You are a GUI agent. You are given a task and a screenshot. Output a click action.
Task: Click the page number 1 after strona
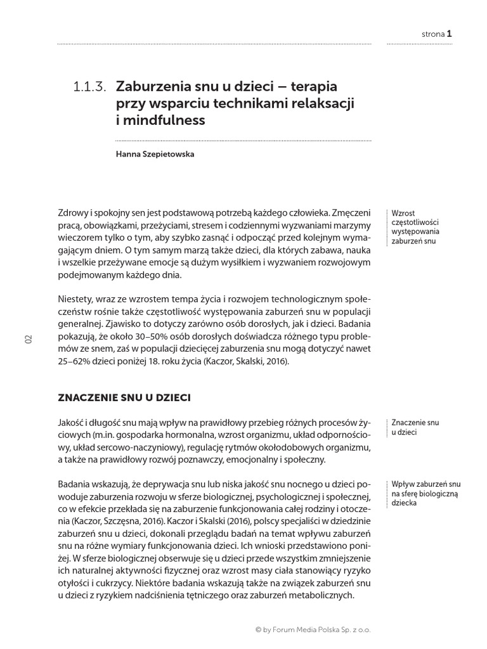[449, 34]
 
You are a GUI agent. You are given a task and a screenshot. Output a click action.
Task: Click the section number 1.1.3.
[89, 88]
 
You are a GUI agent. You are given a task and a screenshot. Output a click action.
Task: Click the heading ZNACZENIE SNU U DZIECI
[124, 398]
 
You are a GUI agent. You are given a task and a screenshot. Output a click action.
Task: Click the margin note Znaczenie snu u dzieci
[415, 427]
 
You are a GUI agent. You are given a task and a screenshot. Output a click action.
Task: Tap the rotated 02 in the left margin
[29, 339]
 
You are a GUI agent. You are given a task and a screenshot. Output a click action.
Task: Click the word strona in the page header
[432, 35]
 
